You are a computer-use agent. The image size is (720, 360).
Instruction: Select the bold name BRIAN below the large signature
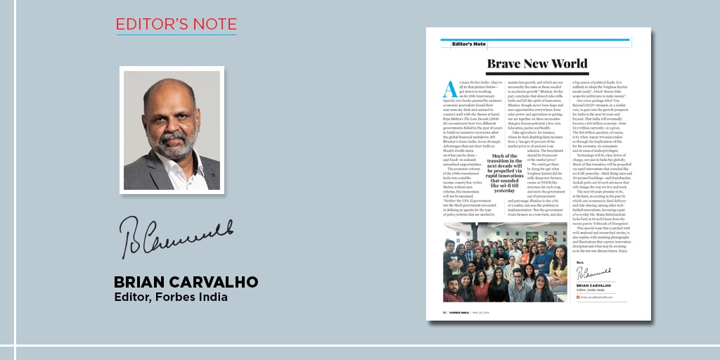tap(143, 282)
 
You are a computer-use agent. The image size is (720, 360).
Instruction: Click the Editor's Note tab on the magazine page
tap(469, 44)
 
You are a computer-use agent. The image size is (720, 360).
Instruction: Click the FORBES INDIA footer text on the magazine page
tap(464, 311)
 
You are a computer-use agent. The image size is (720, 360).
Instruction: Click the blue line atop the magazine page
tap(539, 39)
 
